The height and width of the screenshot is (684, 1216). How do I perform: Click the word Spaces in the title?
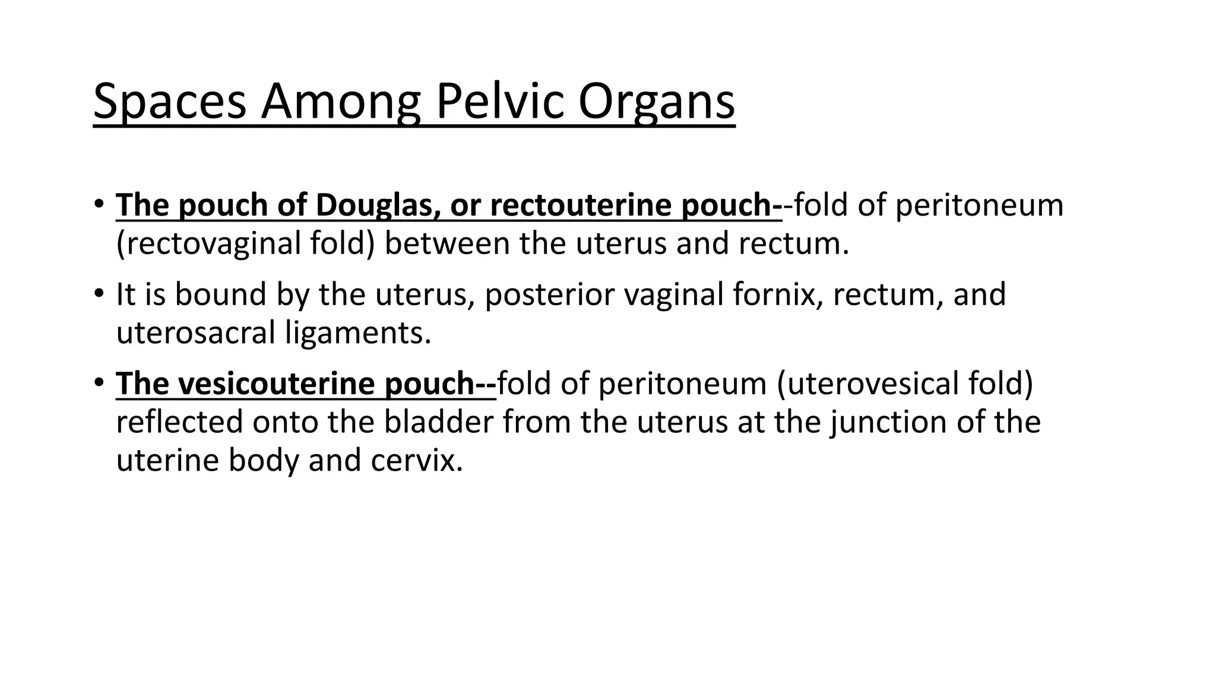click(x=169, y=102)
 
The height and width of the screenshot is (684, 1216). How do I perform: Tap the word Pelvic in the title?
click(x=500, y=102)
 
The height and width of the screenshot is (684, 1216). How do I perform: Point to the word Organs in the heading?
click(x=656, y=102)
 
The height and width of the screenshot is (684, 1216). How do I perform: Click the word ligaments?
click(x=357, y=333)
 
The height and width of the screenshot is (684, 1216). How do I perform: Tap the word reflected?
click(x=179, y=422)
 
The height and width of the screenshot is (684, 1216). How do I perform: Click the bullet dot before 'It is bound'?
click(x=99, y=293)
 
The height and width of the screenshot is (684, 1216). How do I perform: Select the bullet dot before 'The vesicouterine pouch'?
click(x=99, y=382)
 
